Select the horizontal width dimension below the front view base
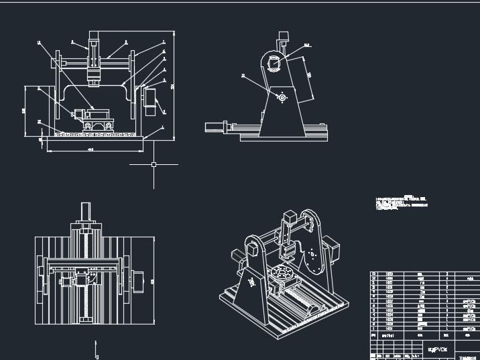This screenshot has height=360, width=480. [x=91, y=149]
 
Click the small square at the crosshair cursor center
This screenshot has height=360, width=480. [x=154, y=164]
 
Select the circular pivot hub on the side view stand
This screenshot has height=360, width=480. [x=282, y=98]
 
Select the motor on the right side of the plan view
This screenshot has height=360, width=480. [x=139, y=282]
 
